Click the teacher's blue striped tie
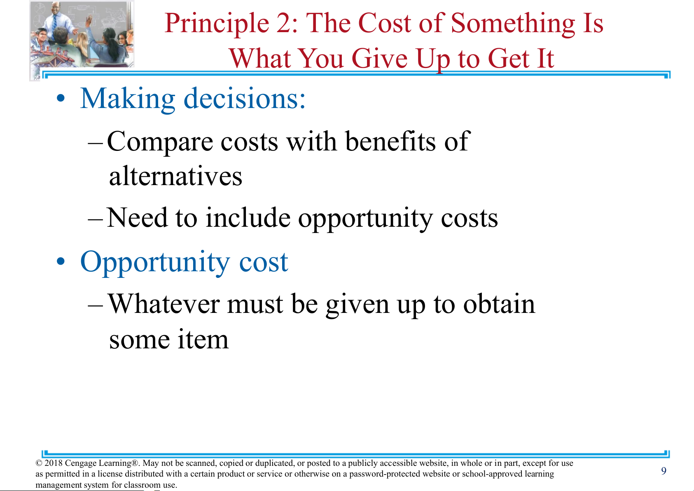54,22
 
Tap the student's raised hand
89,19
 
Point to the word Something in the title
513,24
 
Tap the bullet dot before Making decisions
61,99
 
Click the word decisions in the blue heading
245,99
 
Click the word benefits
390,141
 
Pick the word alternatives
176,176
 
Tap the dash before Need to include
95,219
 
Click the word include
248,217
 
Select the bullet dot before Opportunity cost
61,261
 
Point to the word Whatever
164,304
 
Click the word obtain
499,304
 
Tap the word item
203,339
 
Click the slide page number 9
664,471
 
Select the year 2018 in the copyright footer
54,463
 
